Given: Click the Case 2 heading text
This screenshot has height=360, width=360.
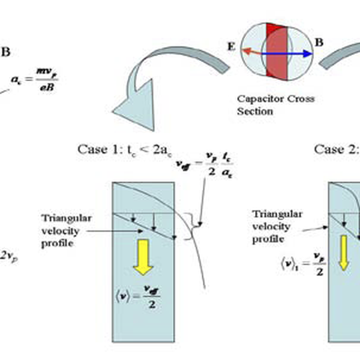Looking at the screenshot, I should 336,149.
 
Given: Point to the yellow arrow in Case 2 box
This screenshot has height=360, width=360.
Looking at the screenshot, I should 344,252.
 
